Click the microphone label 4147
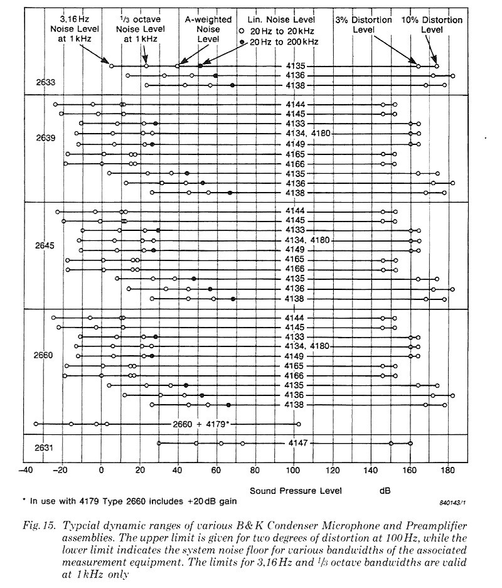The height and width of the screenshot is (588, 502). click(298, 443)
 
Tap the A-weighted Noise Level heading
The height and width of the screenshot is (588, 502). click(208, 29)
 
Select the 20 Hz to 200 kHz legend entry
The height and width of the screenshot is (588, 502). click(279, 42)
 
